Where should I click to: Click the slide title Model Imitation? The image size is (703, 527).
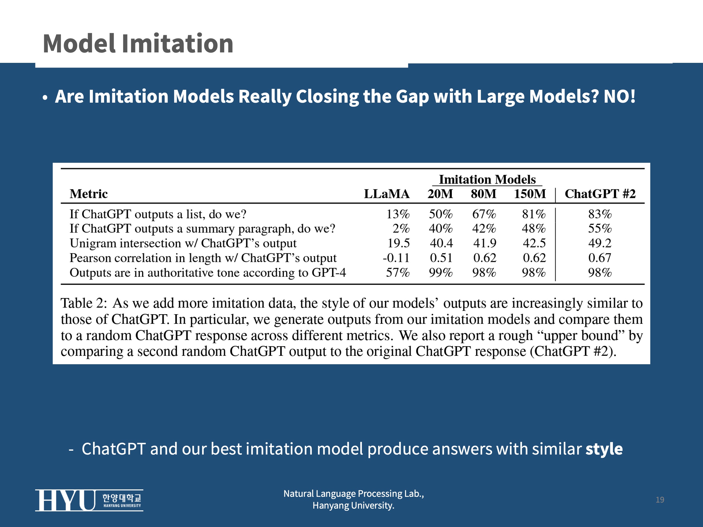pos(138,44)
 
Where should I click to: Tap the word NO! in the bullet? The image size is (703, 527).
pos(619,96)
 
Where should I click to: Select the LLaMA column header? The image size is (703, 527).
pos(386,194)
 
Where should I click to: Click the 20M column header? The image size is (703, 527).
pos(440,194)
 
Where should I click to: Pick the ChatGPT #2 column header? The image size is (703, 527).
pos(600,194)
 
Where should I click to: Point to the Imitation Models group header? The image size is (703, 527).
pos(487,180)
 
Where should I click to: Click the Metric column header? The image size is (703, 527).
pos(89,194)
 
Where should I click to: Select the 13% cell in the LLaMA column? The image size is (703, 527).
pos(398,214)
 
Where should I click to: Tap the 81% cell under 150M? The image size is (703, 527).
pos(534,214)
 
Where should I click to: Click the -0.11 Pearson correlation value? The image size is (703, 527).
pos(396,258)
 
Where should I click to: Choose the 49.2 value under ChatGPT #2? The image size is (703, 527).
pos(600,243)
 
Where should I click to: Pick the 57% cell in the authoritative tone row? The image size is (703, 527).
pos(398,273)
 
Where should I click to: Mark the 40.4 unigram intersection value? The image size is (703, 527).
pos(441,243)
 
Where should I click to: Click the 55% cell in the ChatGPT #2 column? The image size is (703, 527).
pos(600,228)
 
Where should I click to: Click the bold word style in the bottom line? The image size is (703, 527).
pos(604,449)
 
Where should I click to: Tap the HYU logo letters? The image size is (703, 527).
pos(65,500)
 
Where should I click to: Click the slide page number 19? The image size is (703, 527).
pos(660,500)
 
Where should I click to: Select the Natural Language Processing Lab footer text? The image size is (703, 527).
pos(353,494)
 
